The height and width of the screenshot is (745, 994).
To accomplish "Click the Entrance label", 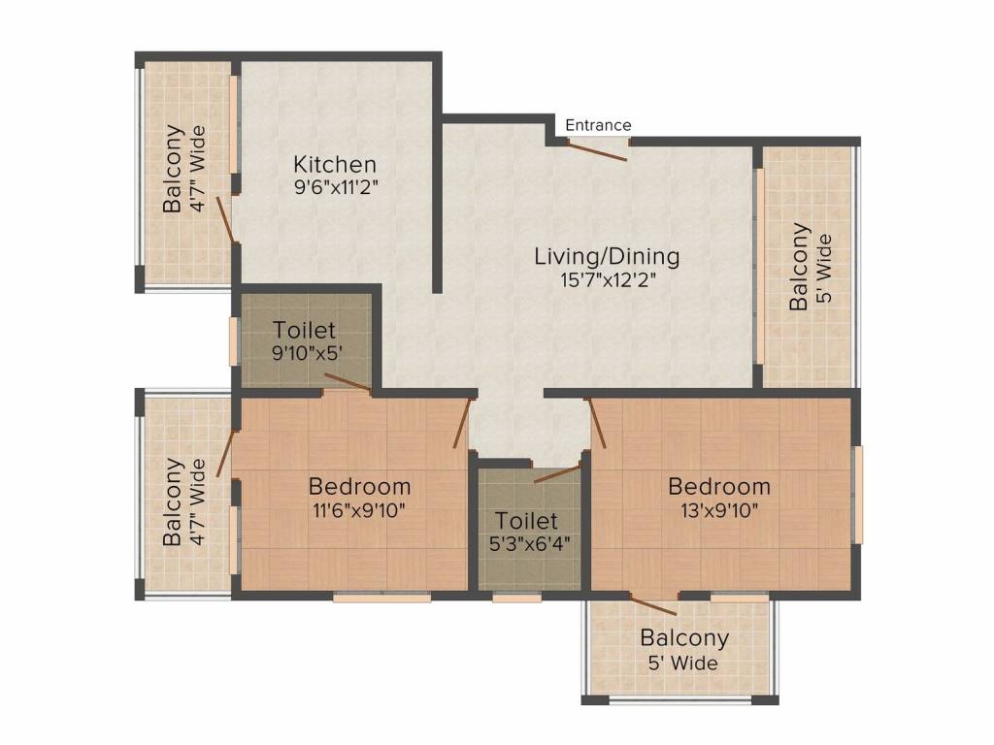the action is coord(598,125).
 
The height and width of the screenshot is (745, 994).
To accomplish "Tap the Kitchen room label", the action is coord(335,165).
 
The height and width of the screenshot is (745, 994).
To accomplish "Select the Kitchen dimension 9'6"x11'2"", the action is coord(336,187).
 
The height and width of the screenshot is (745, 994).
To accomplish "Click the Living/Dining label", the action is coord(607,256).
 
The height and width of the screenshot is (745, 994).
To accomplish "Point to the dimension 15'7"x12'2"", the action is coord(608,279).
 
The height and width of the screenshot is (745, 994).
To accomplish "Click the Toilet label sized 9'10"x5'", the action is coord(304,330).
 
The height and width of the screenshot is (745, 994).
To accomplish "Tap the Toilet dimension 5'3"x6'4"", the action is coord(530,543).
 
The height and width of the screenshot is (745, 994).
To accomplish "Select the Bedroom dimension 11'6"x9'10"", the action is coord(359,510).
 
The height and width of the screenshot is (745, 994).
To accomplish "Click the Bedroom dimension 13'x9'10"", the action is coord(719,510).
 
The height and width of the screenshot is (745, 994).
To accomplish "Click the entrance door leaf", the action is coord(597,151).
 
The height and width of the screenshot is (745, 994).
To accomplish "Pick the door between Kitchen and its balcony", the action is coord(225,219).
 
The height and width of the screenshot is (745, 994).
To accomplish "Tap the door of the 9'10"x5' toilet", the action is coord(348,382).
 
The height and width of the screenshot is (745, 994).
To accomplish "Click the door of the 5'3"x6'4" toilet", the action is coord(557,473).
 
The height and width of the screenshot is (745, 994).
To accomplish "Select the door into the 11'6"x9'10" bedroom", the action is coord(463,423).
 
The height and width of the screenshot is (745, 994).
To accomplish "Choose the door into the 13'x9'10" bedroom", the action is coord(597,423).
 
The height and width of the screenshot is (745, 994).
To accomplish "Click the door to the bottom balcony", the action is coord(653,605).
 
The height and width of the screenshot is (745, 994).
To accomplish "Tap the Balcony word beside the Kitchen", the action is coord(174,169).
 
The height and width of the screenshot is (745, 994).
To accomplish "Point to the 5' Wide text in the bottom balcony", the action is coord(682,664).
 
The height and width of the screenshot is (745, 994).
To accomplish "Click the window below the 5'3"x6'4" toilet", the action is coord(516,597).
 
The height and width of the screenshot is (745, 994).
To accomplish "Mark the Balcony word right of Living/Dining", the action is coord(799,266).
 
